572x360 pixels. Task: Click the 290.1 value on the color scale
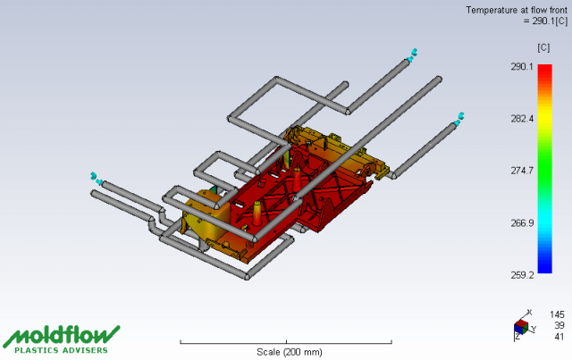tap(522, 66)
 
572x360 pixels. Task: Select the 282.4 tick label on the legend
tap(522, 119)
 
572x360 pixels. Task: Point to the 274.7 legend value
tap(522, 171)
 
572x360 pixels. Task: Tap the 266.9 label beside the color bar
tap(522, 222)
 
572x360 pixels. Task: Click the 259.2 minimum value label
tap(522, 275)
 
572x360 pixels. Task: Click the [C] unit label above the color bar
tap(543, 47)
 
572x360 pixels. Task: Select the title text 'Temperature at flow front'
tap(517, 10)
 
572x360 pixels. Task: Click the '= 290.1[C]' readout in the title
tap(546, 21)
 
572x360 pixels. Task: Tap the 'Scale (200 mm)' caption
tap(290, 352)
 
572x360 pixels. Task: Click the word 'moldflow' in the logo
tap(62, 335)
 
